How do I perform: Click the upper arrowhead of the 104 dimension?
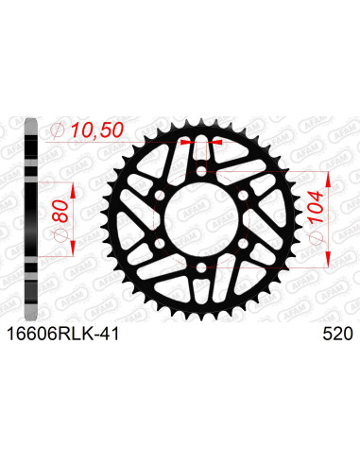pos(327,177)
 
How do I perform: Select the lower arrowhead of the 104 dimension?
pos(327,262)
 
